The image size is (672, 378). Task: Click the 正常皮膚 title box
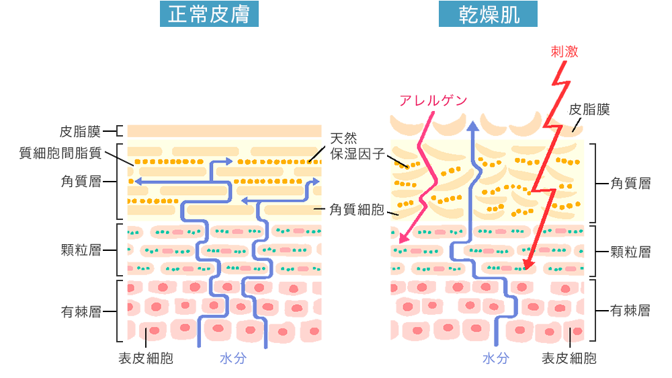click(x=208, y=15)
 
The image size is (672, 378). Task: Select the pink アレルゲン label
click(x=433, y=100)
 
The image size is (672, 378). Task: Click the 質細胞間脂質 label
click(x=60, y=153)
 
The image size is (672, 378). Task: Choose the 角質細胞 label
click(x=356, y=210)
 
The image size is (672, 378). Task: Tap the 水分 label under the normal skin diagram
click(x=233, y=358)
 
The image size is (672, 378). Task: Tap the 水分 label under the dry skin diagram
click(x=496, y=358)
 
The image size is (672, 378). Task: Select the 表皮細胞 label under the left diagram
click(x=146, y=358)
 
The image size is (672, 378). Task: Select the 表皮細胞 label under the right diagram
click(x=569, y=358)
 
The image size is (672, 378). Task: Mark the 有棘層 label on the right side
click(x=630, y=311)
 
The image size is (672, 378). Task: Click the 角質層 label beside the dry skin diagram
click(x=630, y=183)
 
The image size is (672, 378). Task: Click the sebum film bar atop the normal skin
click(x=224, y=131)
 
